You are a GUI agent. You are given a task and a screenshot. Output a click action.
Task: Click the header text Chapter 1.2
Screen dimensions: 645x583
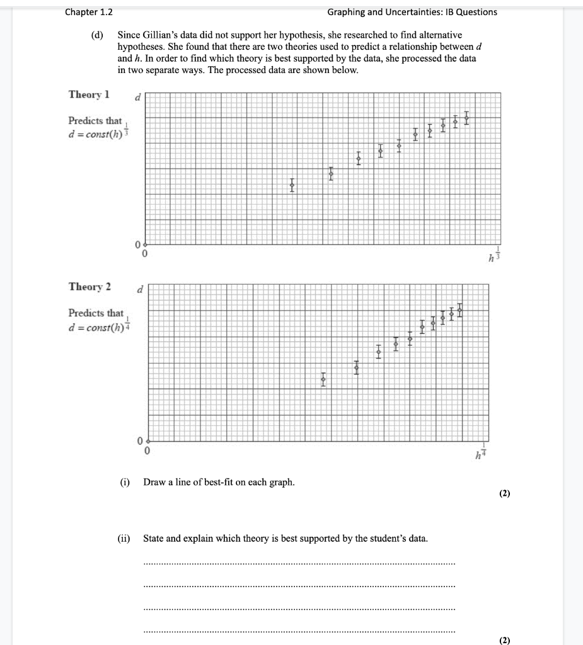tap(84, 12)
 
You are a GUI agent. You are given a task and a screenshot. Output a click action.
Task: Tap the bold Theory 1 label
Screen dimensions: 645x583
tap(89, 94)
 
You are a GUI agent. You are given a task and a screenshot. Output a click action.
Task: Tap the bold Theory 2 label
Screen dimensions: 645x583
tap(89, 287)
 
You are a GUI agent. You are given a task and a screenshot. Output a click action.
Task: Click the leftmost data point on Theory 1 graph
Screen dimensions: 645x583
tap(292, 185)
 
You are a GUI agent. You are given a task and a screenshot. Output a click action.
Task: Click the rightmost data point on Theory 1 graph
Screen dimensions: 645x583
tap(466, 117)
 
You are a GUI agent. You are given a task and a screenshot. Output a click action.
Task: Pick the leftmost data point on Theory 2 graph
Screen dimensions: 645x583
tap(323, 379)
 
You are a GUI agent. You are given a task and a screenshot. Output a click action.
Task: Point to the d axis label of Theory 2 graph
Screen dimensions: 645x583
tap(140, 289)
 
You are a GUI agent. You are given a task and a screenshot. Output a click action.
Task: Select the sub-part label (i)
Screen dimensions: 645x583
tap(125, 482)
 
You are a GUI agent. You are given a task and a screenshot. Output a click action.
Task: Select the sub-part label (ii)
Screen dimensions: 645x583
tap(124, 539)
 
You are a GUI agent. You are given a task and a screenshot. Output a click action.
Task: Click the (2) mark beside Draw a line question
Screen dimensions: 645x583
tap(504, 494)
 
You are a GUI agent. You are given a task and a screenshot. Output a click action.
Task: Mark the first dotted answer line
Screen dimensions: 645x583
tap(299, 563)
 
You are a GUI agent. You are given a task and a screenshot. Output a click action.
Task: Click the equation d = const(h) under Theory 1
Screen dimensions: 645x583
tap(95, 133)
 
